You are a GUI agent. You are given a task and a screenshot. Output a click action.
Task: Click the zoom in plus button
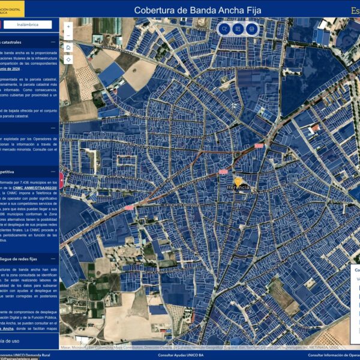point(68,26)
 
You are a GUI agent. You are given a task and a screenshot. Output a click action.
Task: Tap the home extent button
point(68,47)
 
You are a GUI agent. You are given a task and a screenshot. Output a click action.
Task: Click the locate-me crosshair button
point(68,59)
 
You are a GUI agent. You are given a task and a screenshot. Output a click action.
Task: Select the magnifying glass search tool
point(224,29)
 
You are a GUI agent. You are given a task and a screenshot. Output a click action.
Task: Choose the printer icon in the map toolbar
point(251,29)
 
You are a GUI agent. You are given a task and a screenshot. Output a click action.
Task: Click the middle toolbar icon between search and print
point(238,29)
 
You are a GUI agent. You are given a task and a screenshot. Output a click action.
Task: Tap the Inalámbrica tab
point(28,25)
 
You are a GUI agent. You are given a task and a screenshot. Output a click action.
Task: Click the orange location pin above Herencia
point(238,180)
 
